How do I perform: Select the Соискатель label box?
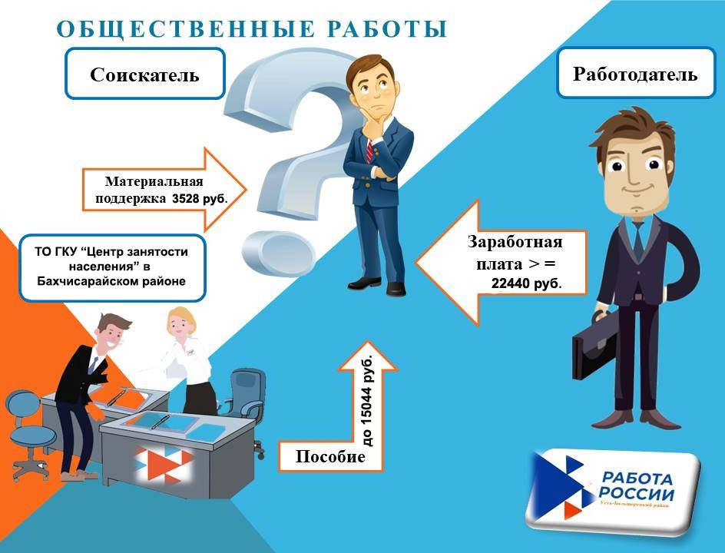[x=144, y=74]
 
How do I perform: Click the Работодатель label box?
[x=635, y=74]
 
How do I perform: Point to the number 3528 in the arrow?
[x=189, y=197]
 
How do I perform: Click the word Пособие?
[x=330, y=456]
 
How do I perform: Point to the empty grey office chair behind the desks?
[x=248, y=392]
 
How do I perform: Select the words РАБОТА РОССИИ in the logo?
[x=637, y=485]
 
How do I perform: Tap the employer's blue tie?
[x=637, y=237]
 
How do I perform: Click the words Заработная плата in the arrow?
[x=515, y=253]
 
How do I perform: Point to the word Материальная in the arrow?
[x=154, y=182]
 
